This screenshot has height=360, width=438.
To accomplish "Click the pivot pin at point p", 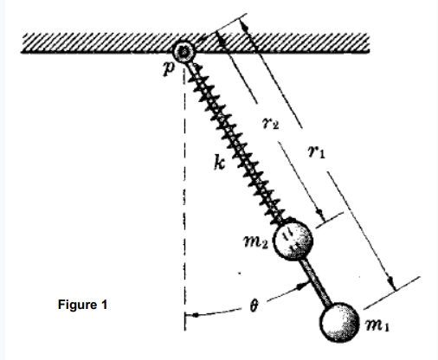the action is point(184,52).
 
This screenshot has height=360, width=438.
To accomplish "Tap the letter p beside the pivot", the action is point(169,68).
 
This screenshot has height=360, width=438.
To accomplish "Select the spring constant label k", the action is point(220,162).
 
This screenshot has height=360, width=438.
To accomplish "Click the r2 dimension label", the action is point(270,123).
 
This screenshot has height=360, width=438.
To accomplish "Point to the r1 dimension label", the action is point(317,151).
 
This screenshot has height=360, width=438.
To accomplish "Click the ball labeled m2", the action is point(293,240).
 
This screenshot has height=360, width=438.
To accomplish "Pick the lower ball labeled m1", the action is point(339,322).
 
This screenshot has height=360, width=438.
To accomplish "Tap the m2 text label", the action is point(256,241).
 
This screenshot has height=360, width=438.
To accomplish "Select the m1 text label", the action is point(377,325).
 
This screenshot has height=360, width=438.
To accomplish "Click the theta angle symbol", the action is point(254,305).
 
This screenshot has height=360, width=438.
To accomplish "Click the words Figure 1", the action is point(82,305).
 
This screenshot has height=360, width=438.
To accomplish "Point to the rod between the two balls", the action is point(316,281).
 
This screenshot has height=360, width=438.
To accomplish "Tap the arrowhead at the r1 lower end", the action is point(391,283).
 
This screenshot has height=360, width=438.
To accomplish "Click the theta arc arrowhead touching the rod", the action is point(303,286).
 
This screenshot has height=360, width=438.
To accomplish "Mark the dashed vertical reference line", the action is point(184,199).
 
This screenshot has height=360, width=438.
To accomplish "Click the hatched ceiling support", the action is point(196,42).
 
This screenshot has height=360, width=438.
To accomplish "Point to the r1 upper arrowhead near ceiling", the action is point(245,26).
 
